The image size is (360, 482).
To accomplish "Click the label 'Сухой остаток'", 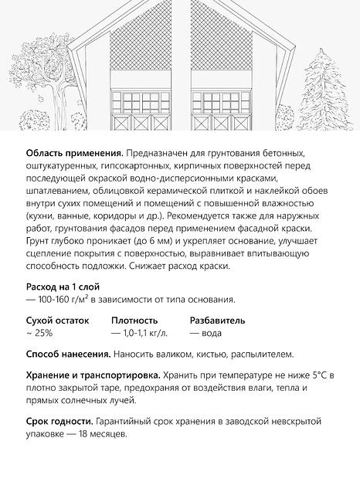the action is coord(58,320).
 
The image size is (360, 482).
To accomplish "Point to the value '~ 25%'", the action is coord(39,333).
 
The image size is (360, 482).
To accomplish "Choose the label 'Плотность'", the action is coord(134,320).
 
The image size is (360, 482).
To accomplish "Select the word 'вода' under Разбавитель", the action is coord(210,333).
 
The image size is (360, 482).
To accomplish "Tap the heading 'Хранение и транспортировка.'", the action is coord(87,375).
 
